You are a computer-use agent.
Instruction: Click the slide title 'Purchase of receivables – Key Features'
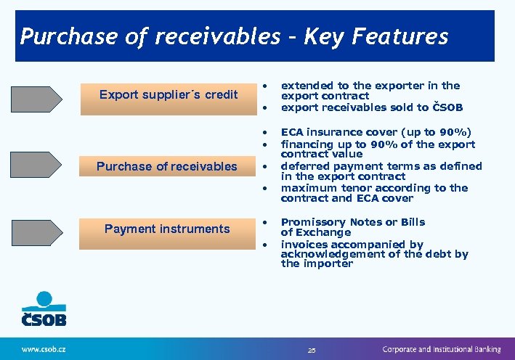(x=234, y=36)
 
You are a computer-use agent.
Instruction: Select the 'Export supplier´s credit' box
(x=168, y=95)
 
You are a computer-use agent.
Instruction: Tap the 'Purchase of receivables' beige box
(x=167, y=166)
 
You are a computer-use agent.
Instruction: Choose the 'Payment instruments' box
(x=167, y=229)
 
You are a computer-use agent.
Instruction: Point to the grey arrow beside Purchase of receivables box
(x=36, y=165)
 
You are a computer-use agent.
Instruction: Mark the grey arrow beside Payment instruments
(x=36, y=229)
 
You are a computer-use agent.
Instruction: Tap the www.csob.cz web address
(x=44, y=349)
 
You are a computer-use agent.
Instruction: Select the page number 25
(x=312, y=350)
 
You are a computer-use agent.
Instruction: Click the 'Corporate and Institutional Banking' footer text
(x=442, y=349)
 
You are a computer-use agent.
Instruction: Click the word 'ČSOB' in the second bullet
(x=447, y=107)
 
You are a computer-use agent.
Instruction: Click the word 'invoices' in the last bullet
(x=303, y=245)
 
